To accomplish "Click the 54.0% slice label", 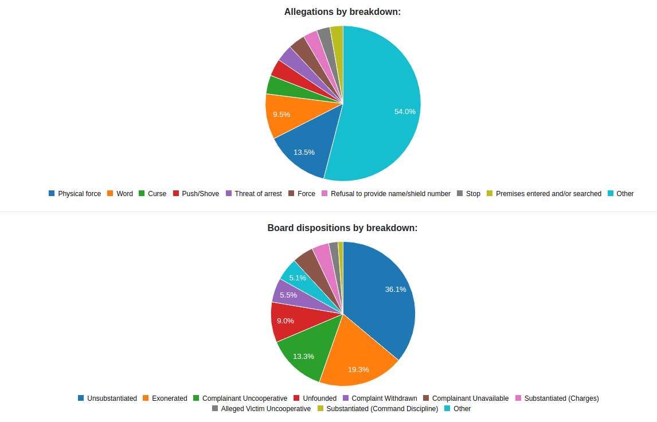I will coord(405,112).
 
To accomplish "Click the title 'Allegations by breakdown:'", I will coord(342,11).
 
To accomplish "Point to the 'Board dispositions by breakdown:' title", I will coord(342,228).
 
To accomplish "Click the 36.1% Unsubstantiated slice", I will coord(384,292).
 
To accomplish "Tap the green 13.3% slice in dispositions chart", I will coord(304,353).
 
